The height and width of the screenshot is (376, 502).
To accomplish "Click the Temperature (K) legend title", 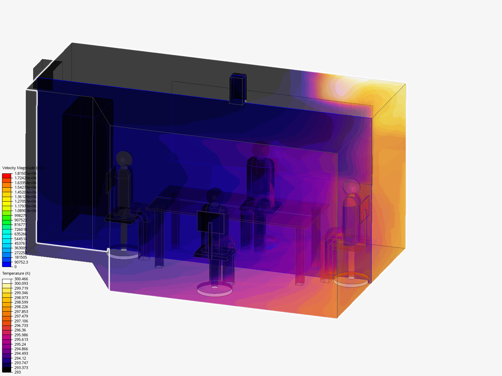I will point(16,273).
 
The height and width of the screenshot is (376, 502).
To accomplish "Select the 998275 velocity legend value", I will point(21,216).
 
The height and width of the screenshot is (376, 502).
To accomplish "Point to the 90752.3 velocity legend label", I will point(21,262).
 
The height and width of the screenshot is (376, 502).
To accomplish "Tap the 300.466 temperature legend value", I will point(21,279).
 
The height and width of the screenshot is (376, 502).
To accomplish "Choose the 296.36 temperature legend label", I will point(20,330).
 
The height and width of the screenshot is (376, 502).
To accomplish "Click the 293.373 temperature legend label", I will point(21,368).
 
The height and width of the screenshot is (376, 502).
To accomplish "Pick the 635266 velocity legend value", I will point(21,234).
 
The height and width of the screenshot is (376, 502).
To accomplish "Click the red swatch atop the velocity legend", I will point(7,176).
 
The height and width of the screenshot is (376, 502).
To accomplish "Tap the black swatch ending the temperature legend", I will point(7,370).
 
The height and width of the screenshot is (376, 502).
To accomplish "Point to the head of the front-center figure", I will point(215,196).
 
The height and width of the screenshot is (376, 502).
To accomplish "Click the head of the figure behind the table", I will point(260,149).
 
